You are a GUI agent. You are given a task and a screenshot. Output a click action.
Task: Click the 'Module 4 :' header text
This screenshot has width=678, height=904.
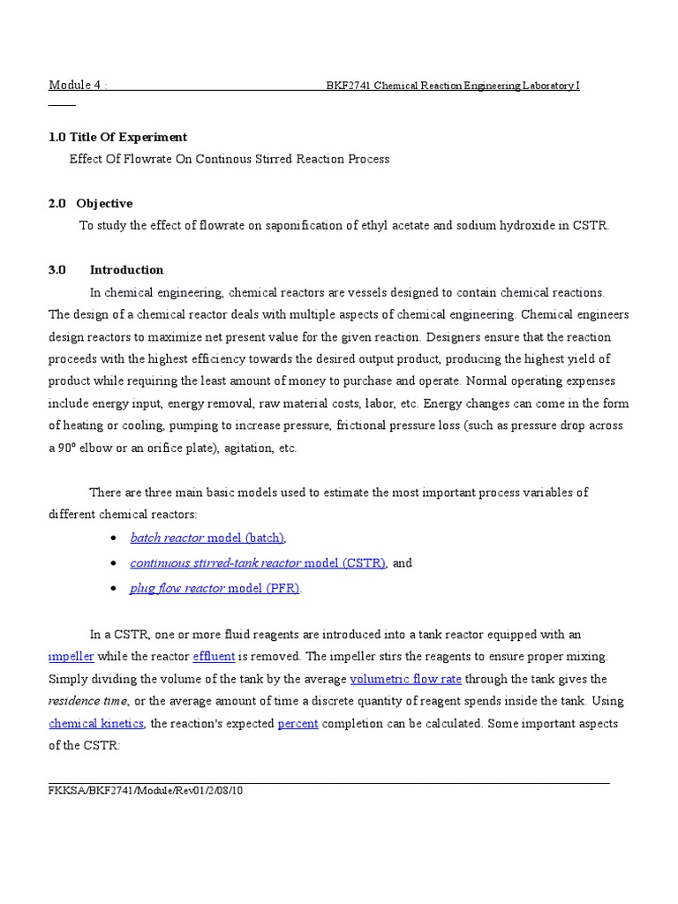[78, 86]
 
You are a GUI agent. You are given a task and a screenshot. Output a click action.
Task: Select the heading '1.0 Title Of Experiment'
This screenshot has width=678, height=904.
[117, 137]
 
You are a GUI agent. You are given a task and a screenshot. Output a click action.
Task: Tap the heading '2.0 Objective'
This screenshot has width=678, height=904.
[91, 203]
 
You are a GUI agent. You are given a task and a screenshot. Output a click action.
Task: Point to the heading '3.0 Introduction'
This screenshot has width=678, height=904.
[106, 270]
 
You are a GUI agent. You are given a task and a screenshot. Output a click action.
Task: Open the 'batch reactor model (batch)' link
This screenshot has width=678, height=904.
[207, 538]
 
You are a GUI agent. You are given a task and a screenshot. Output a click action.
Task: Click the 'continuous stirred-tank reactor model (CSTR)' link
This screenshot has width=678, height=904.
[258, 563]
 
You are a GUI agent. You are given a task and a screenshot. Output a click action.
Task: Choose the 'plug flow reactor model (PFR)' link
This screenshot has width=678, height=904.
[215, 589]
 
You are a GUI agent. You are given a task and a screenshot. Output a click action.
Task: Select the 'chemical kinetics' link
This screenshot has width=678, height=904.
[95, 724]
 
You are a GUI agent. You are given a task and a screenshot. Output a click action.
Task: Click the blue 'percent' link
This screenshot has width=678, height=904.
[298, 724]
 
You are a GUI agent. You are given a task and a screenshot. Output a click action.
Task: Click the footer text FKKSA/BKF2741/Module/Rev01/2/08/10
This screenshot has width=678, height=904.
[145, 790]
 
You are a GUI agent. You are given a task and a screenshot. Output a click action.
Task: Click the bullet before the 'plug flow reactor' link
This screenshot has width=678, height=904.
[115, 589]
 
